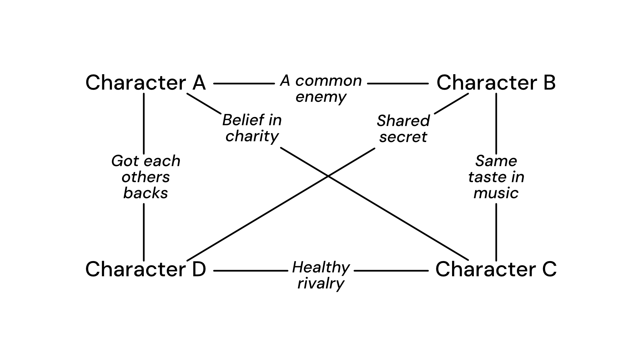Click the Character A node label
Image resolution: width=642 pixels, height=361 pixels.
point(145,83)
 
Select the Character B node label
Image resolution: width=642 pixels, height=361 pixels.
point(496,83)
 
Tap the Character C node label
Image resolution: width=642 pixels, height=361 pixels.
point(496,269)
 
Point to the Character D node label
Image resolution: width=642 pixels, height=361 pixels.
point(145,269)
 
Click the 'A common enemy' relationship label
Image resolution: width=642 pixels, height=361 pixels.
point(321,89)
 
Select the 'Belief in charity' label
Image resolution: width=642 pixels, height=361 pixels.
point(252,128)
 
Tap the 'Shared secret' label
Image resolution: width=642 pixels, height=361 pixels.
point(403,129)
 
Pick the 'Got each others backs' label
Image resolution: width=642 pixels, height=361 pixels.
point(146,177)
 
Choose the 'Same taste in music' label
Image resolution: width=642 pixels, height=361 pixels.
point(496,177)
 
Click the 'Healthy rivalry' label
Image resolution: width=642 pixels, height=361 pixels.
point(321,275)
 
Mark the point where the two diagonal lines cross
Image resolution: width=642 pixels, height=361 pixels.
point(328,176)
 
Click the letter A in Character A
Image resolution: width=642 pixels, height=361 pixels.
point(199,83)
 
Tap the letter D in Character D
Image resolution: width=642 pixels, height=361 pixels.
point(199,269)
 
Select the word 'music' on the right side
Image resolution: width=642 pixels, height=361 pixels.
point(496,193)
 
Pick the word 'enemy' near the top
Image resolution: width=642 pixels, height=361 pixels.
point(321,97)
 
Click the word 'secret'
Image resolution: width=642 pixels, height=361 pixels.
point(403,137)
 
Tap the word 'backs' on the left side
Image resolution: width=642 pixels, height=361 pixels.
point(146,193)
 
